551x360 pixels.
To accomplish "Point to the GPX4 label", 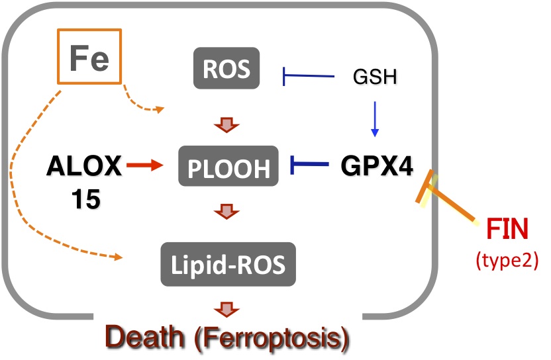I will click(x=377, y=166).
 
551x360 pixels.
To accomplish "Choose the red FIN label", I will click(x=508, y=233).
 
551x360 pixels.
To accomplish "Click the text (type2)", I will click(x=507, y=259).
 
